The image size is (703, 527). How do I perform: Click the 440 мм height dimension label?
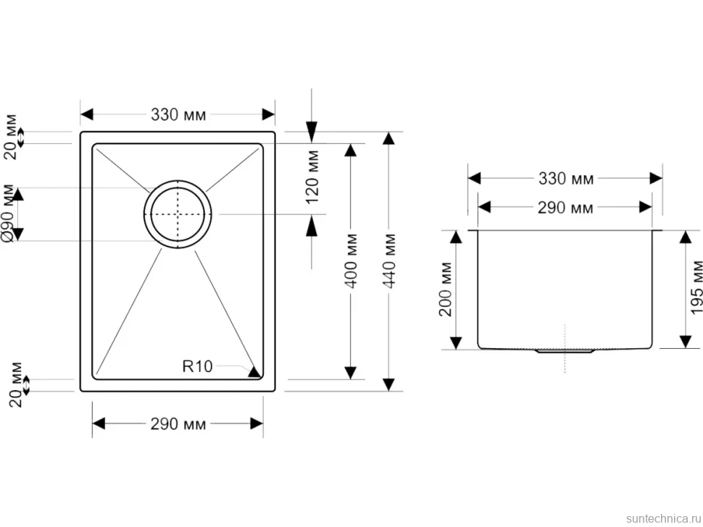[x=389, y=261]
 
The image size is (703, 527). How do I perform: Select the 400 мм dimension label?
[x=351, y=261]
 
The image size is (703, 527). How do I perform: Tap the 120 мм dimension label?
[x=312, y=177]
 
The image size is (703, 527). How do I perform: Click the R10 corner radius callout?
[x=197, y=366]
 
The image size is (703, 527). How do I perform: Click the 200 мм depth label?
[x=446, y=290]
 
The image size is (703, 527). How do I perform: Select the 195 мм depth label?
[x=696, y=287]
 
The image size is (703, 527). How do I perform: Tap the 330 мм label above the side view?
[x=566, y=179]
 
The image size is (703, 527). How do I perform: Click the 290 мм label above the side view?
[x=565, y=208]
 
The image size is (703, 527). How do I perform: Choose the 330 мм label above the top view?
[x=178, y=114]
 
